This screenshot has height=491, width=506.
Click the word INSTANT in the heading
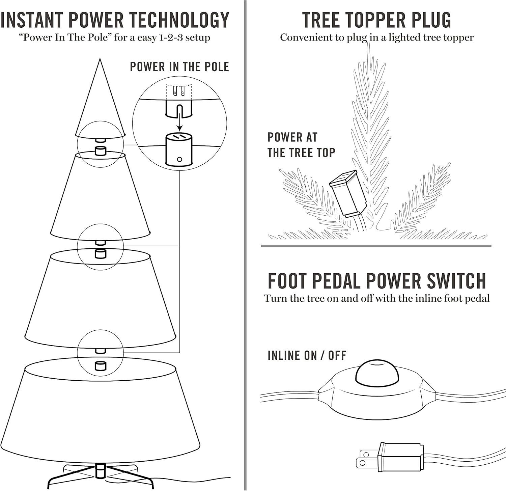pyautogui.click(x=32, y=20)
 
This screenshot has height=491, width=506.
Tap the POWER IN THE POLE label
pyautogui.click(x=179, y=67)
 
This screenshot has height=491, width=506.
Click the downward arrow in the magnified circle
pyautogui.click(x=180, y=118)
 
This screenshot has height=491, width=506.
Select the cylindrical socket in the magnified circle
pyautogui.click(x=179, y=149)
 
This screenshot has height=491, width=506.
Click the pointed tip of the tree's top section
pyautogui.click(x=100, y=59)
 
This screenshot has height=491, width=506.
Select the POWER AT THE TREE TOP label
pyautogui.click(x=301, y=145)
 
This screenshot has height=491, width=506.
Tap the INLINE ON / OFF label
pyautogui.click(x=307, y=355)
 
